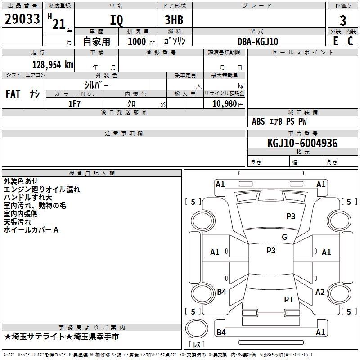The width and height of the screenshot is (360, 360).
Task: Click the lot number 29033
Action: [22, 20]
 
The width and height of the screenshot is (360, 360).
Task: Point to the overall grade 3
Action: [343, 20]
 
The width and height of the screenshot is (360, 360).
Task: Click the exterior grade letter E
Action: [335, 41]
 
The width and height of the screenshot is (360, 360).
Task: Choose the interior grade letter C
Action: [350, 41]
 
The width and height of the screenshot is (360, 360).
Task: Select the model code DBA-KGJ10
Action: [258, 41]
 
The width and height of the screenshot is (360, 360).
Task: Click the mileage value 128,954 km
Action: [53, 64]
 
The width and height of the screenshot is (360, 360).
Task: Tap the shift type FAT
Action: [13, 94]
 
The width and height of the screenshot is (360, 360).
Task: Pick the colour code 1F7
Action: [74, 103]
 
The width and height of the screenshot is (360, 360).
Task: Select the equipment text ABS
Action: [258, 121]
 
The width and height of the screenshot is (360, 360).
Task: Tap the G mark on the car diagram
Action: [284, 237]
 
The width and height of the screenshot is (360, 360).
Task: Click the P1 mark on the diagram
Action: [288, 299]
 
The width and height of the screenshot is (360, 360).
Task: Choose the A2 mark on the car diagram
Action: [320, 292]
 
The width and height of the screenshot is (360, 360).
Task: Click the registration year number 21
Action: [58, 24]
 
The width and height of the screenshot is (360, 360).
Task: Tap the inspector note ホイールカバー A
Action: [31, 230]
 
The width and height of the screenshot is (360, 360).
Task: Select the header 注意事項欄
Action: [124, 134]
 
